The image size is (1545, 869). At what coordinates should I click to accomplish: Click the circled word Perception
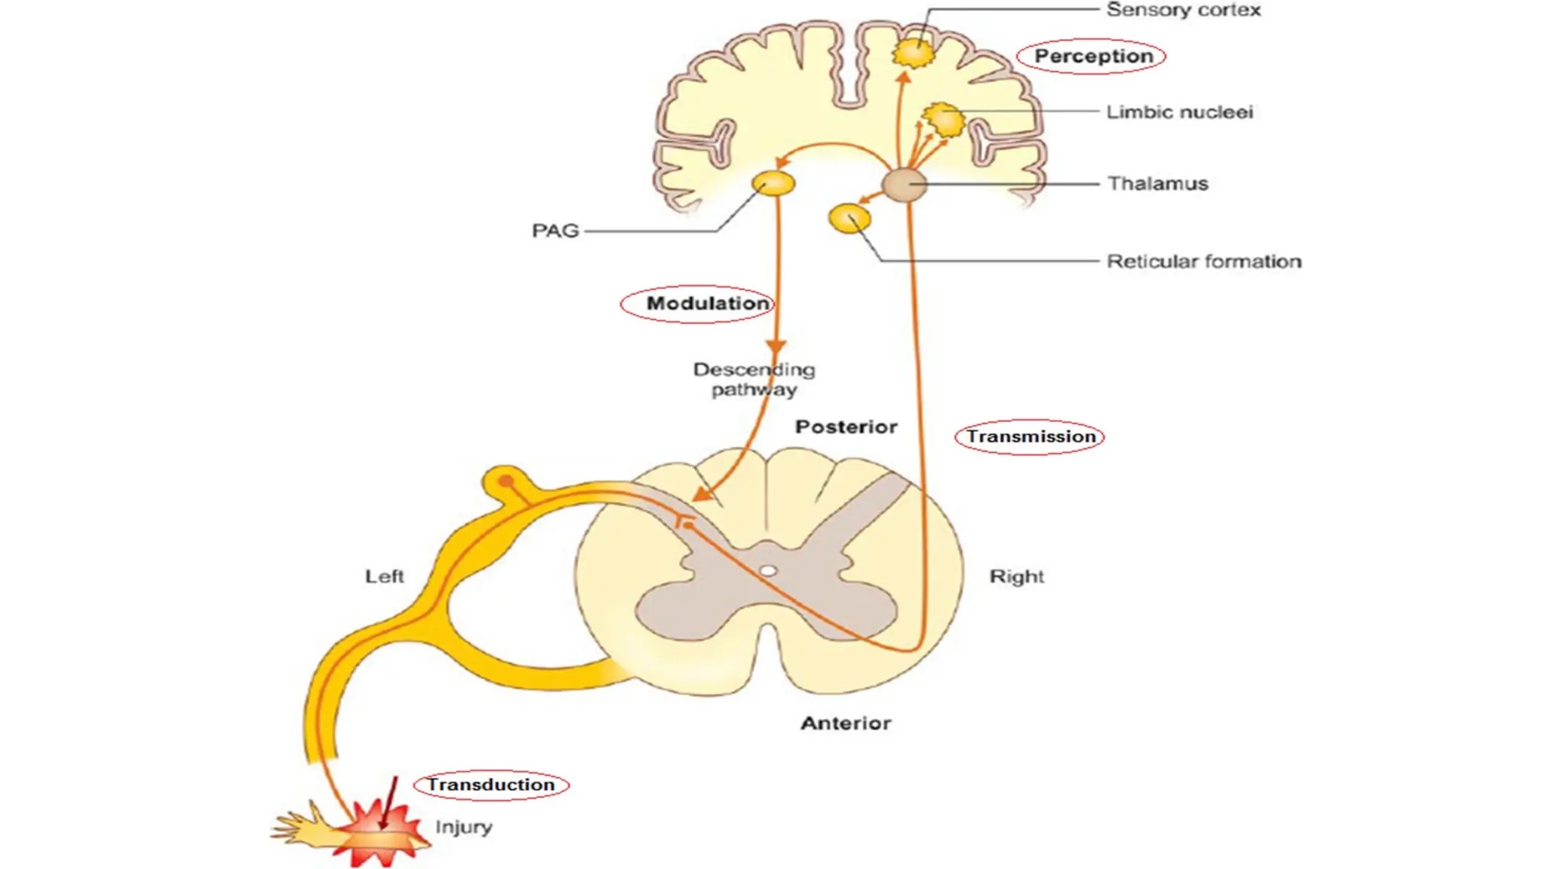click(1092, 57)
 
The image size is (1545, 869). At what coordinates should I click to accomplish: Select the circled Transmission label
click(1030, 437)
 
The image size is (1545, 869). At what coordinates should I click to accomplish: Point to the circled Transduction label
click(491, 785)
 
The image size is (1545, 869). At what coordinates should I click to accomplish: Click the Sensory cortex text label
click(1182, 11)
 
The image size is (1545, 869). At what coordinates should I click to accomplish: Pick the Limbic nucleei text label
click(1179, 112)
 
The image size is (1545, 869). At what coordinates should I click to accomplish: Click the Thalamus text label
click(1157, 184)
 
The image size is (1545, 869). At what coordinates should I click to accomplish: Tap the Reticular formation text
click(1203, 262)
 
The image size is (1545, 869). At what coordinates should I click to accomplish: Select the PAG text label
click(555, 231)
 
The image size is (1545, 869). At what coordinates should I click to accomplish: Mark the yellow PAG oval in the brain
click(773, 183)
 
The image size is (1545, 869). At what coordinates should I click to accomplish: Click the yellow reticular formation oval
click(849, 219)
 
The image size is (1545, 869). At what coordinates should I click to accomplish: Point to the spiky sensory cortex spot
click(913, 54)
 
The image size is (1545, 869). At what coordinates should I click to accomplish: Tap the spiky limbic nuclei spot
click(944, 120)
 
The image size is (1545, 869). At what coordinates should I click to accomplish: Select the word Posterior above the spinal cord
click(846, 427)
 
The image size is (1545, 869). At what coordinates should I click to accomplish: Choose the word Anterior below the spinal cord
click(846, 723)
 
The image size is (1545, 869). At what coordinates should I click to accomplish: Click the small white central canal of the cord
click(767, 571)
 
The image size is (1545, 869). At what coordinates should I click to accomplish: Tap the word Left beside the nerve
click(384, 576)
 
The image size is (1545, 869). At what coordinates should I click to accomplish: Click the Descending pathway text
click(754, 379)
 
